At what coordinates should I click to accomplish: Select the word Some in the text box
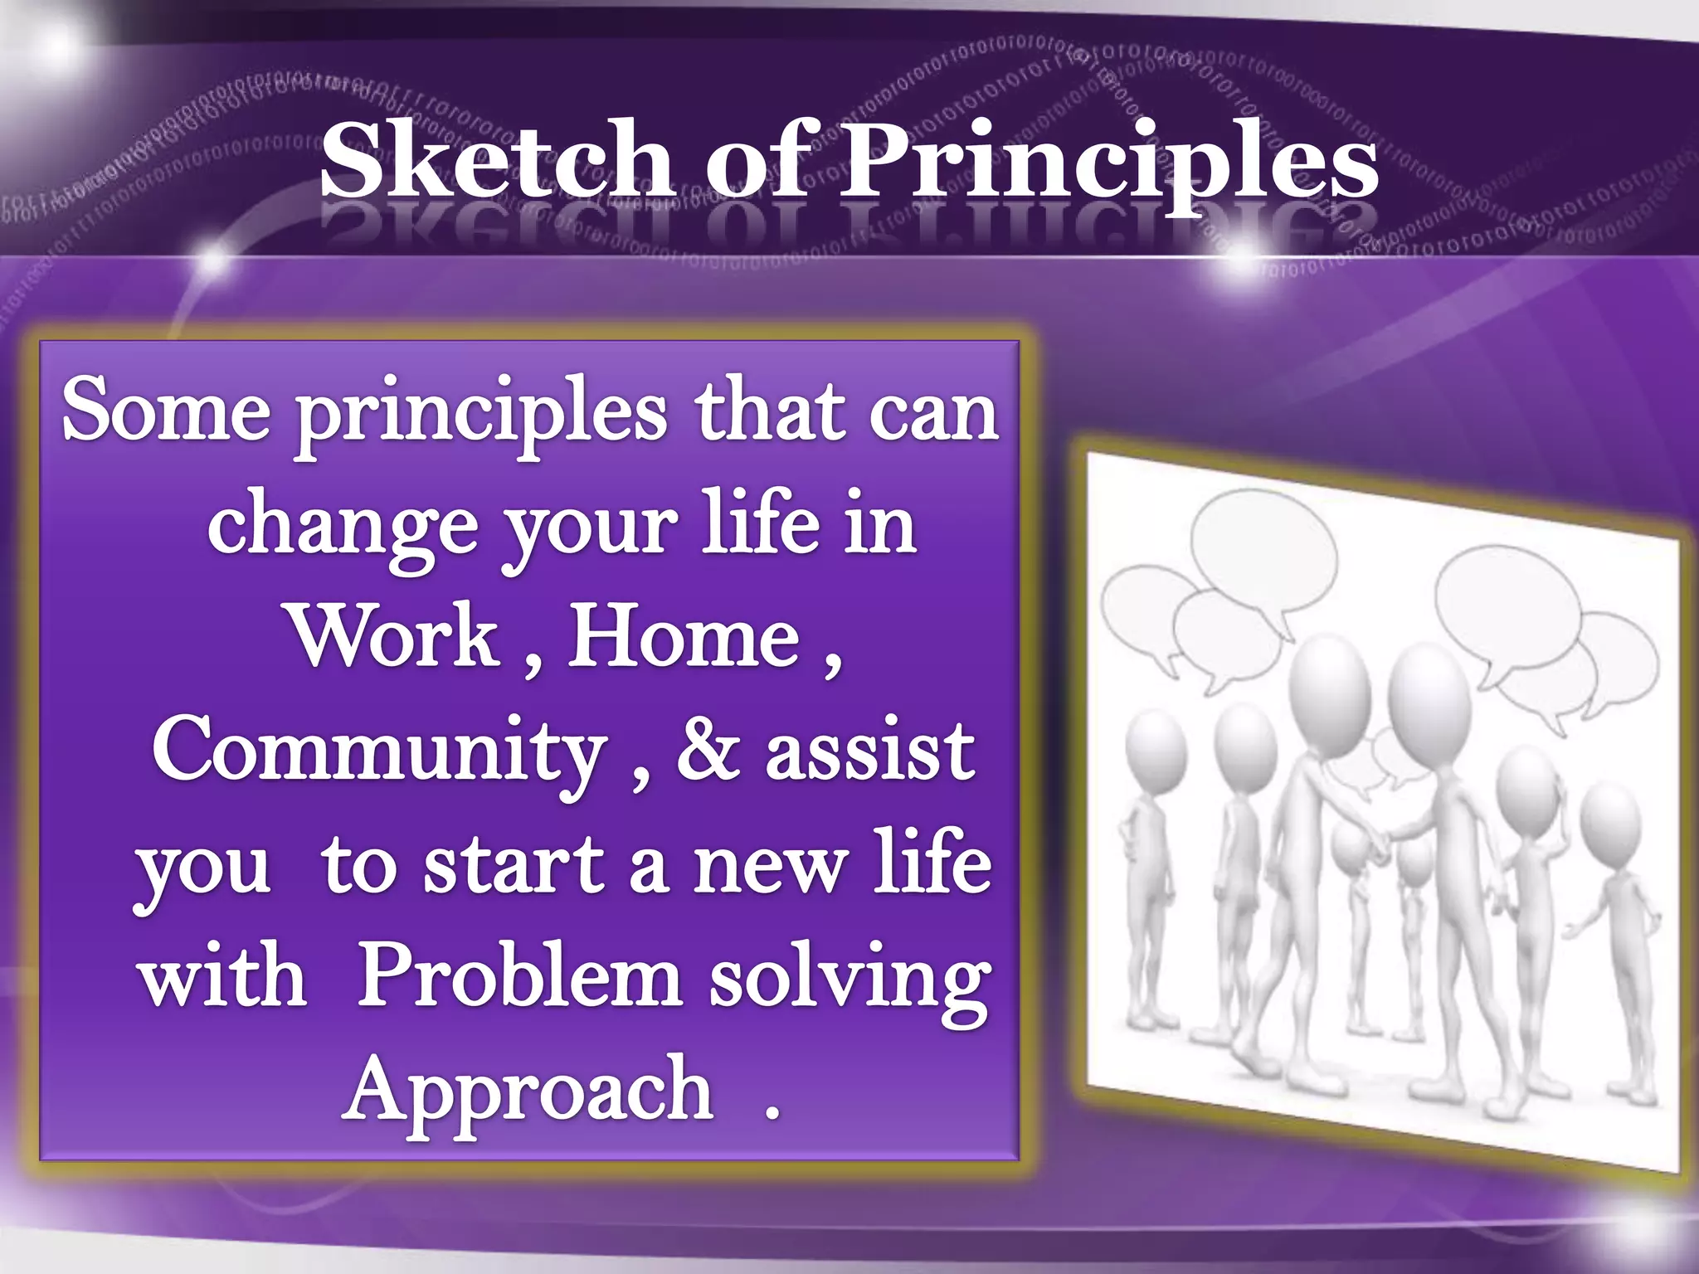166,411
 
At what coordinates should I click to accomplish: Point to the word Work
394,637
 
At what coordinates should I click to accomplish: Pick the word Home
684,637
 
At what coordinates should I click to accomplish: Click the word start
514,865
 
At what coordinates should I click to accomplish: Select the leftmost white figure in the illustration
1154,863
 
